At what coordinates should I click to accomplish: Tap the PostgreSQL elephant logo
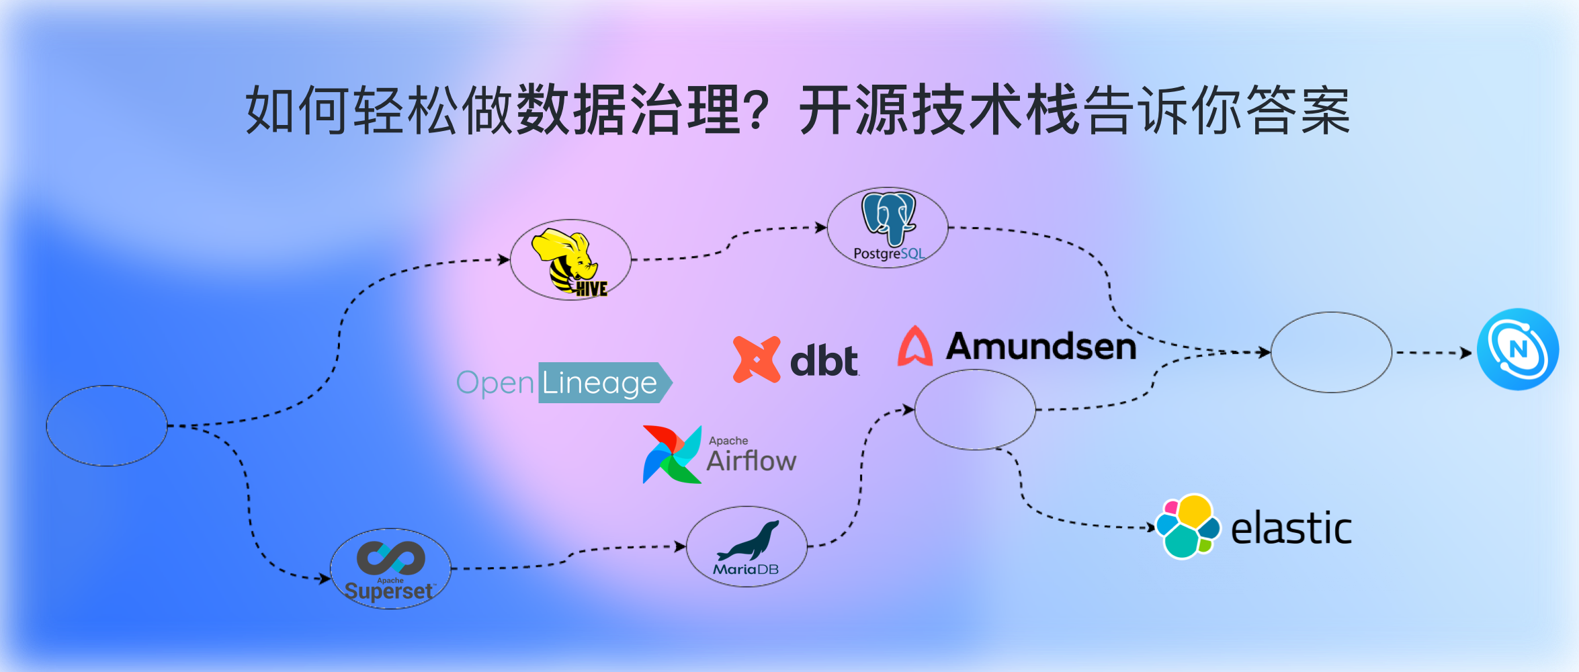[x=888, y=218]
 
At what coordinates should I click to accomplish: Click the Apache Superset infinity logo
[x=390, y=557]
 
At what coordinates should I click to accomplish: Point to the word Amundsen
[x=1041, y=347]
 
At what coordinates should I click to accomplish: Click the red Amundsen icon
[x=915, y=347]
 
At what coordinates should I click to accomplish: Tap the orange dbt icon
[x=757, y=360]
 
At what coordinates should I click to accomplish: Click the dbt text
[x=824, y=362]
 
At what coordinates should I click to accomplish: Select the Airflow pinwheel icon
[x=672, y=454]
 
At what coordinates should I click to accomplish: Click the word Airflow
[x=751, y=462]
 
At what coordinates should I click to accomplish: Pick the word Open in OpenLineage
[x=495, y=383]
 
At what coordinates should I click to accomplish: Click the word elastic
[x=1291, y=528]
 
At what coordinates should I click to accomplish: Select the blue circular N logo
[x=1517, y=349]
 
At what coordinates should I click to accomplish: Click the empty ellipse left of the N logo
[x=1331, y=352]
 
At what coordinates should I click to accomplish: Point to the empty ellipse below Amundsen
[x=975, y=409]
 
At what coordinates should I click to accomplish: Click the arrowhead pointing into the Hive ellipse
[x=505, y=259]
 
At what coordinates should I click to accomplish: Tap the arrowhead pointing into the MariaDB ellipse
[x=681, y=546]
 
